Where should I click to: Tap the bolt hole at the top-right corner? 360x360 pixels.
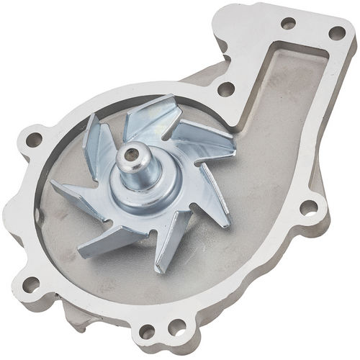[x=336, y=32]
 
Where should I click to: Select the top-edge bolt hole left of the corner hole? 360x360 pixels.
[x=289, y=23]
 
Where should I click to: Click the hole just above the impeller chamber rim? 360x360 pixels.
[x=225, y=89]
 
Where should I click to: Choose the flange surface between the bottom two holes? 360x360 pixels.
[x=162, y=333]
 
